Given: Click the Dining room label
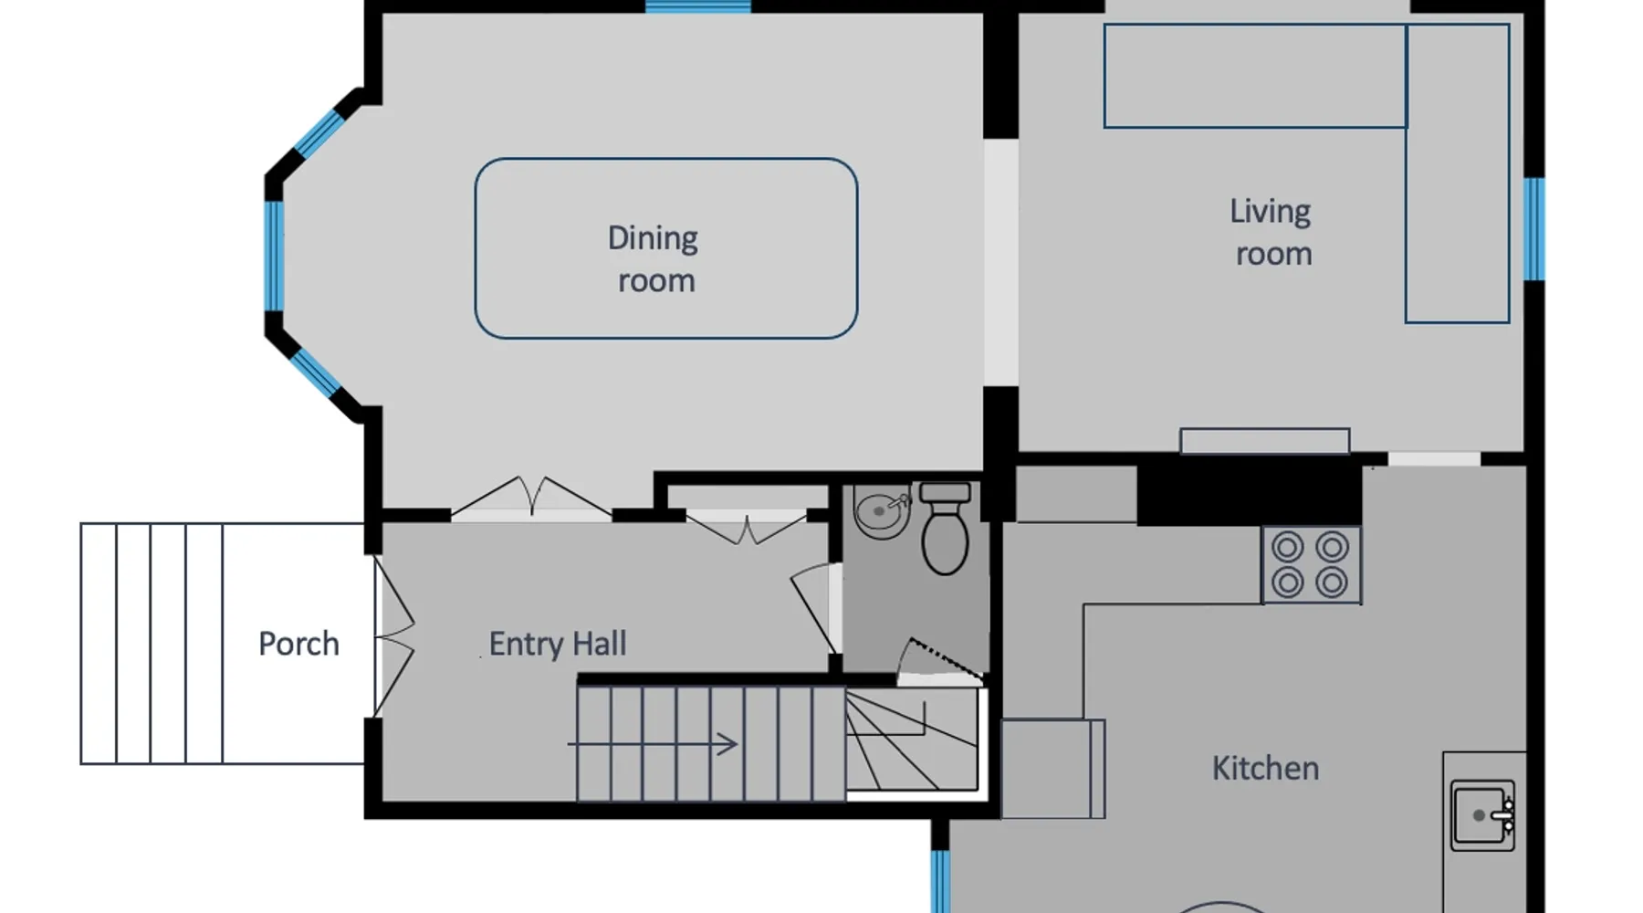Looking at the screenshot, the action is tap(654, 259).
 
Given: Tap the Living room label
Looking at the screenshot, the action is tap(1271, 232).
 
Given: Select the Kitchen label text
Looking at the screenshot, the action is tap(1265, 768).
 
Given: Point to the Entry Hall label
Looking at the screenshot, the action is tap(558, 644).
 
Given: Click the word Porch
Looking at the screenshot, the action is tap(298, 644).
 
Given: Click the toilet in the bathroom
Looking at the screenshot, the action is tap(945, 529).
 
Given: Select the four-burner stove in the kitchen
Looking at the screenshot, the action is tap(1311, 564).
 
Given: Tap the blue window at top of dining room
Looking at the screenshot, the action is tap(698, 6).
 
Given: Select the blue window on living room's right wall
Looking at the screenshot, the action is tap(1534, 229).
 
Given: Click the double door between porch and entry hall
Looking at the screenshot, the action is tap(392, 636).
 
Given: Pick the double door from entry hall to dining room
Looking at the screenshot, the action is tap(532, 498).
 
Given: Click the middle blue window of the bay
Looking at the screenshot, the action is tap(274, 257).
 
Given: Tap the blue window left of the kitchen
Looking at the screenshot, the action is tap(940, 881).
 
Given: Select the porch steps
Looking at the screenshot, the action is tap(152, 644).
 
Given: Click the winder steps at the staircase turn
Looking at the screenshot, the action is tap(912, 739).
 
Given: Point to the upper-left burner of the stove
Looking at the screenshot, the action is tap(1288, 548).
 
